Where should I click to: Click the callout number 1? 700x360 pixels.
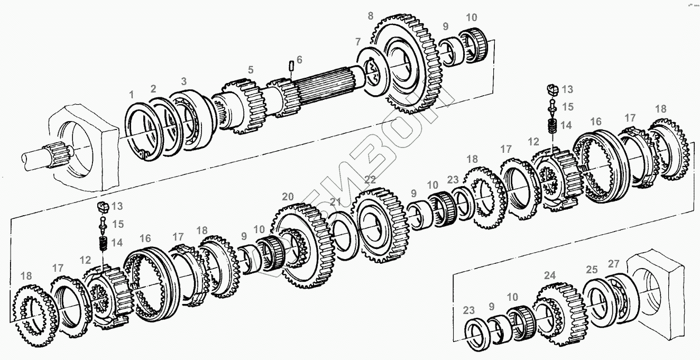(x=131, y=95)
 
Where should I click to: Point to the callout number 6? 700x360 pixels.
(x=299, y=60)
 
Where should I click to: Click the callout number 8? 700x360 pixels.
(x=371, y=16)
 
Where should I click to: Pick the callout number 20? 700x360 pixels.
(x=288, y=197)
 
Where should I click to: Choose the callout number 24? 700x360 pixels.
(x=550, y=275)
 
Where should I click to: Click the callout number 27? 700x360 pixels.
(x=614, y=264)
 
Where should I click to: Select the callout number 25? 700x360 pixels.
(x=592, y=270)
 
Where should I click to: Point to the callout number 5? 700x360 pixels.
(x=251, y=69)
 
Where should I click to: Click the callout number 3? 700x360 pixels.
(x=183, y=81)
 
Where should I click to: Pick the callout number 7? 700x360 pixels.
(x=358, y=41)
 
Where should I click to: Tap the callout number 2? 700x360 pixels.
(x=153, y=88)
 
